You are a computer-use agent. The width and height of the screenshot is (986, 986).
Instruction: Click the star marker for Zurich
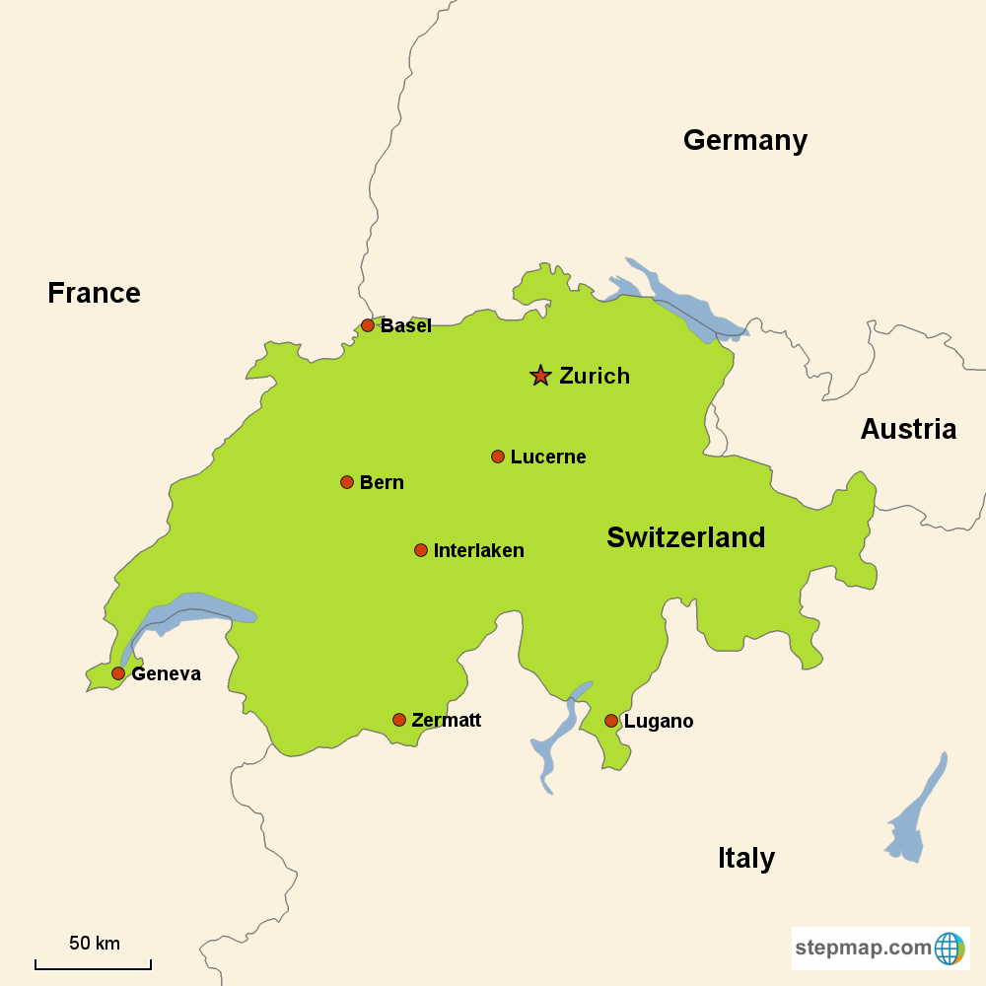tap(540, 376)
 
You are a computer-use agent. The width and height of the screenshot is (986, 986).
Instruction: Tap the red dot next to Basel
tap(368, 325)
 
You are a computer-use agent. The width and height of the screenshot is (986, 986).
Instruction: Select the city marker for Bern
tap(347, 482)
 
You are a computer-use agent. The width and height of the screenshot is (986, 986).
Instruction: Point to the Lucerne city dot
tap(498, 457)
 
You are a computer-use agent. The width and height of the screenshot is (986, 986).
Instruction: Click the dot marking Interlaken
tap(421, 550)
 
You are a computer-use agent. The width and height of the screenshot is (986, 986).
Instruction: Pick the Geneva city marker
tap(118, 673)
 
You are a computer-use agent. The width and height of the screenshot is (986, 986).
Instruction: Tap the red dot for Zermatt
tap(399, 720)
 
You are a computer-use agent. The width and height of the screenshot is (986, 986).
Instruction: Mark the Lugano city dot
tap(611, 721)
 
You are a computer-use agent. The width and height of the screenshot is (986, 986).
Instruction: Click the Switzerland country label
tap(685, 537)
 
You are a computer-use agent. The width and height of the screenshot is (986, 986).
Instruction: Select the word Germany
tap(744, 141)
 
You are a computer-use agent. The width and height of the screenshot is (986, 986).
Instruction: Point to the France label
tap(94, 293)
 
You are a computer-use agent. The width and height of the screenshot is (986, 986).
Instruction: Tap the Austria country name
tap(907, 429)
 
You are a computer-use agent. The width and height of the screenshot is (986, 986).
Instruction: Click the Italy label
tap(745, 858)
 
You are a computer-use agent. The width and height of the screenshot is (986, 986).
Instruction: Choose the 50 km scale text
tap(94, 944)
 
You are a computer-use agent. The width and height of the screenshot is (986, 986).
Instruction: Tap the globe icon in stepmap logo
tap(949, 949)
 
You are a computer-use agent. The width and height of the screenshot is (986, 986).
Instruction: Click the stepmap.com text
tap(863, 949)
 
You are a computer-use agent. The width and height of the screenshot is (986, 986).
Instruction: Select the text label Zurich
tap(594, 376)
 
